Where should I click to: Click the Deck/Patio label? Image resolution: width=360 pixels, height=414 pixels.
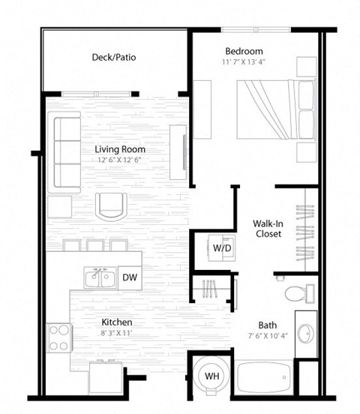click(x=113, y=57)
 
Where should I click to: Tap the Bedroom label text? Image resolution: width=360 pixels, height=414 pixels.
click(x=244, y=51)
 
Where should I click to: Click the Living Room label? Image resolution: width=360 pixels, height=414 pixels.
click(x=120, y=148)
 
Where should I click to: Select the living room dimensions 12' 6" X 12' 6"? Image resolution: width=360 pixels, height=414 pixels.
click(x=120, y=160)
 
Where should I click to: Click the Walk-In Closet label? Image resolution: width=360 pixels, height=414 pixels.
click(x=267, y=229)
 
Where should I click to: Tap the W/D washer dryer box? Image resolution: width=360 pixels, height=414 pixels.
click(x=221, y=247)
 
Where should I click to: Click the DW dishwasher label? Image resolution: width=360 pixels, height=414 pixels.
click(x=128, y=277)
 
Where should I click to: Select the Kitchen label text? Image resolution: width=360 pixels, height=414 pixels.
click(x=117, y=322)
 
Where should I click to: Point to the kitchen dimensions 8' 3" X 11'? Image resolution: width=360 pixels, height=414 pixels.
click(x=117, y=333)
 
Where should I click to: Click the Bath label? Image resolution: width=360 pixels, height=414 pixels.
click(x=268, y=325)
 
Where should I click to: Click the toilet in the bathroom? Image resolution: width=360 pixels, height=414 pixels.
click(x=294, y=291)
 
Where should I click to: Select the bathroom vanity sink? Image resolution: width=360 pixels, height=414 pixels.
click(x=305, y=333)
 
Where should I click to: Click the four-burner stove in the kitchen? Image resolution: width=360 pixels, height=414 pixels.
click(x=58, y=338)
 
